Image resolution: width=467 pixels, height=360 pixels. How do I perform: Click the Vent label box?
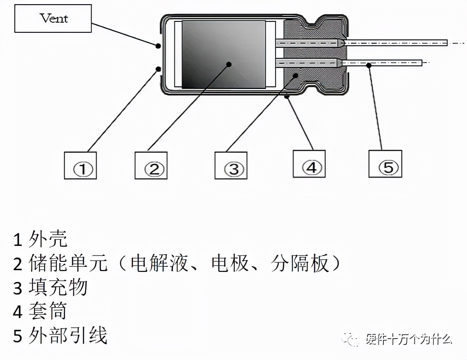(x=53, y=18)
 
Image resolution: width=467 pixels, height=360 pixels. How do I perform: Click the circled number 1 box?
(x=80, y=165)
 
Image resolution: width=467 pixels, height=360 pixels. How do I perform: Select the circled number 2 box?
(x=151, y=165)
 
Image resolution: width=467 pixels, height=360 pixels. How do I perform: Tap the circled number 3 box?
(x=231, y=165)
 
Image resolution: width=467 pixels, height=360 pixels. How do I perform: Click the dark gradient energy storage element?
(x=223, y=55)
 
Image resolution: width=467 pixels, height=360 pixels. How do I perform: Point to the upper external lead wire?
(x=395, y=43)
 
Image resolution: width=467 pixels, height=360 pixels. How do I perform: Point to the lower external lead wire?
(x=382, y=63)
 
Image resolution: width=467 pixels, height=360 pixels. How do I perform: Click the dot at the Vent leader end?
(x=158, y=45)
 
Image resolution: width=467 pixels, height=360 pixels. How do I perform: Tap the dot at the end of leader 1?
(x=158, y=68)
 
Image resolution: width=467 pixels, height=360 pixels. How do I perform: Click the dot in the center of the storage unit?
(x=229, y=64)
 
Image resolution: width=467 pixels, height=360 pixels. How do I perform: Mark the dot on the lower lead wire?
(x=368, y=65)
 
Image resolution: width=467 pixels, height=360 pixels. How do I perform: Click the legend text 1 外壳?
(x=40, y=240)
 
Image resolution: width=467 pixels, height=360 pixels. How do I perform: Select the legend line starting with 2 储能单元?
(x=176, y=263)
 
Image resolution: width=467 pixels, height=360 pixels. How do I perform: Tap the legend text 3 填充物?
(x=50, y=288)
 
